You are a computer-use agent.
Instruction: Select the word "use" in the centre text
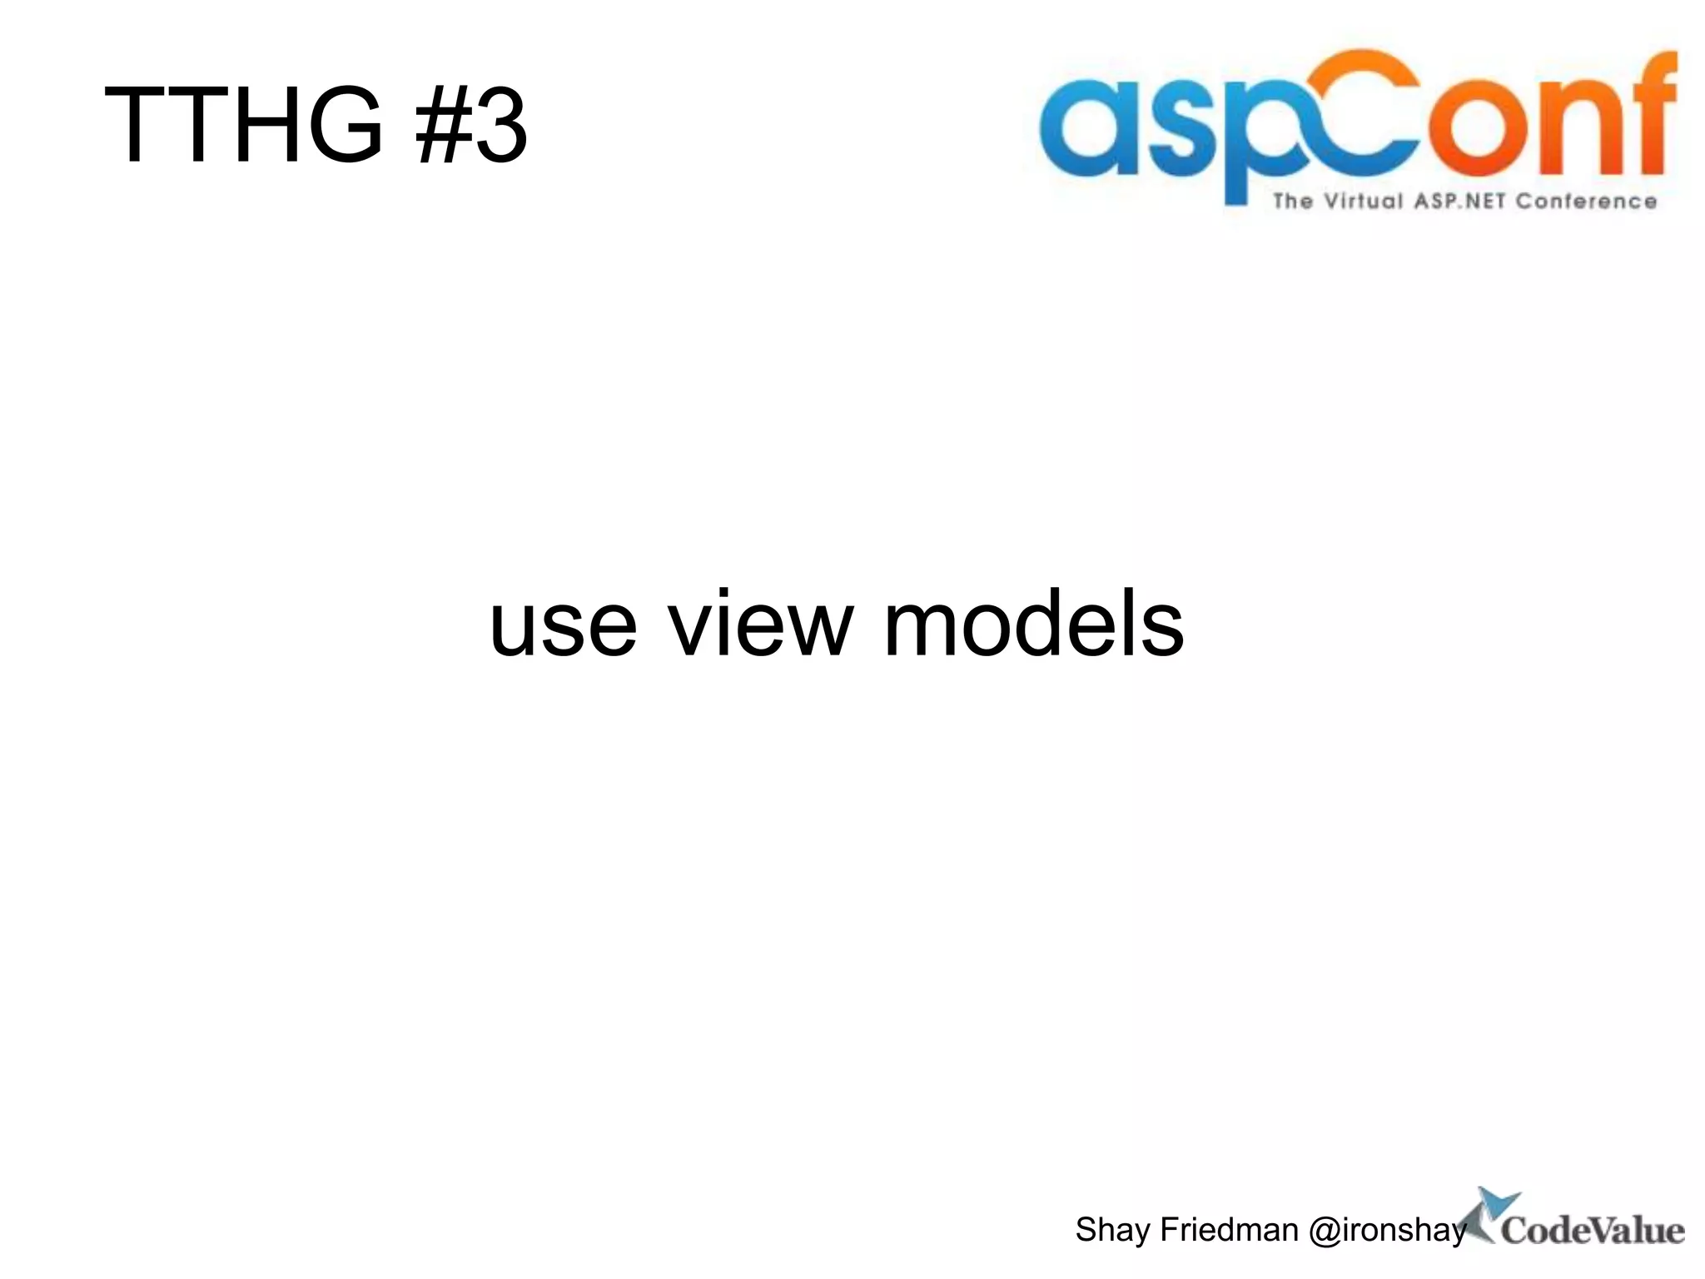pos(563,625)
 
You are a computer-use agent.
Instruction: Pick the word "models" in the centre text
pos(1032,625)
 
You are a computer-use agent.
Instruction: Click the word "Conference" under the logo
pos(1586,202)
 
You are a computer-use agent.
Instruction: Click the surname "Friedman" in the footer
pos(1229,1230)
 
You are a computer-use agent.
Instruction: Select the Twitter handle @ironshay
pos(1387,1230)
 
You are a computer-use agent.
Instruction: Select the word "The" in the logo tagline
pos(1292,202)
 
